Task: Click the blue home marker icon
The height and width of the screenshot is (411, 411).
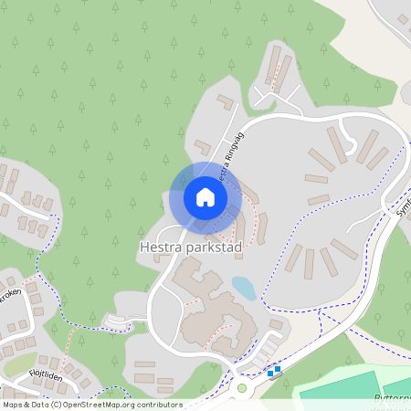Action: coord(205,196)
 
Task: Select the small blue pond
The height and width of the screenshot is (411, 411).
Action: coord(244,288)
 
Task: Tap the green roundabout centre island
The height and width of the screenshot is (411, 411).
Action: coord(241,387)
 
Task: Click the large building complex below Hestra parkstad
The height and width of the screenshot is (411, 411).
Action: coord(215,315)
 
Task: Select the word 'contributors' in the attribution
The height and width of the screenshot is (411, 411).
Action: coord(160,405)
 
